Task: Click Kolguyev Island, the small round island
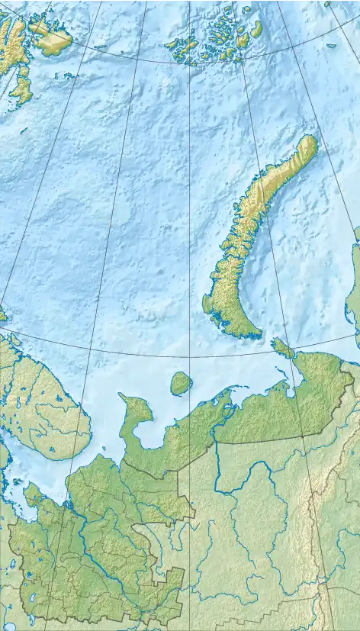(x=181, y=383)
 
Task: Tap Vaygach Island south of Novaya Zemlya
(x=283, y=349)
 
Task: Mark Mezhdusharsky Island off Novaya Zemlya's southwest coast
(x=207, y=304)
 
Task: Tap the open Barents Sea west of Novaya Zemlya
(x=114, y=229)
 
